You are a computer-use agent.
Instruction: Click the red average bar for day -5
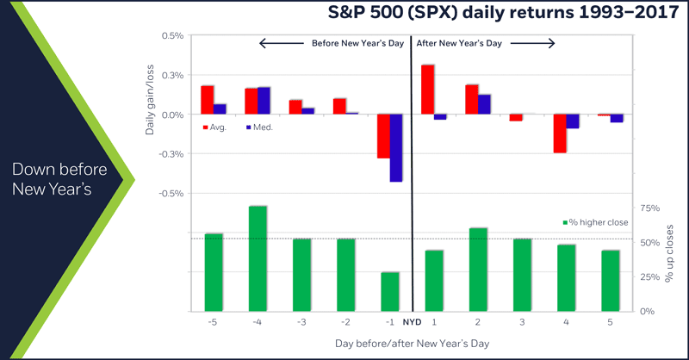[207, 100]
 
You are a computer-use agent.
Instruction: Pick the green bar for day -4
[257, 258]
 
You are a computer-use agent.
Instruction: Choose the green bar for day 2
[477, 269]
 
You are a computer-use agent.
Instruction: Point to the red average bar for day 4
[559, 133]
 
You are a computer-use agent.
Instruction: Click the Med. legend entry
[259, 127]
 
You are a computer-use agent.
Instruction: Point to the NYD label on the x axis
[413, 322]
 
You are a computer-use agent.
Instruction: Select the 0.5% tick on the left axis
[172, 36]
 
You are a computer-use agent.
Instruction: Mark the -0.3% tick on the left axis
[171, 154]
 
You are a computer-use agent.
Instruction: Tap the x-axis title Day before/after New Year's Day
[412, 344]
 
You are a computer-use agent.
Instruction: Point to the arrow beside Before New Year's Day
[282, 41]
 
